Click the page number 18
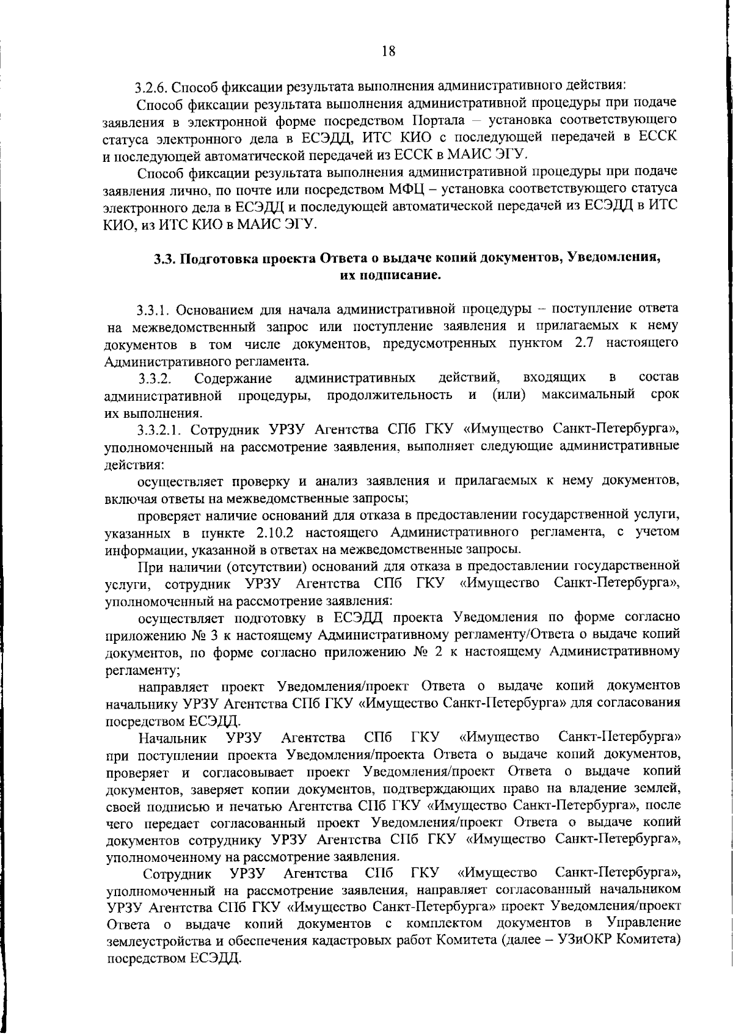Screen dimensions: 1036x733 pyautogui.click(x=388, y=51)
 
